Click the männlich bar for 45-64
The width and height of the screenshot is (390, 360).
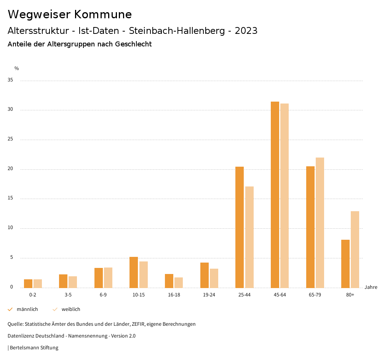(x=275, y=194)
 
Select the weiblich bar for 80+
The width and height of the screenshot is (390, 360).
(x=355, y=249)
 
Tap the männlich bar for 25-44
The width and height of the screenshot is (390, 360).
(x=240, y=227)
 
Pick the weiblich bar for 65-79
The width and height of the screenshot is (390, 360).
(x=320, y=223)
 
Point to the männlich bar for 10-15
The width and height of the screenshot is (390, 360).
(x=134, y=272)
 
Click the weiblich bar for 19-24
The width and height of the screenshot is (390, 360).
(x=214, y=278)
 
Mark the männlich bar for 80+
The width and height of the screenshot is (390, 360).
(x=345, y=264)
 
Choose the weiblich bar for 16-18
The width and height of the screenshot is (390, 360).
(x=179, y=282)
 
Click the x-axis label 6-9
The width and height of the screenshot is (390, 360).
(x=103, y=295)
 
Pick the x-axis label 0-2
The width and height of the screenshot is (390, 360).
(x=33, y=295)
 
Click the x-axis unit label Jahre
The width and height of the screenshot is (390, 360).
(x=371, y=287)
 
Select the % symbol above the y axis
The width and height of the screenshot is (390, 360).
(x=17, y=68)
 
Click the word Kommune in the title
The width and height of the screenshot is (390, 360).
(x=103, y=14)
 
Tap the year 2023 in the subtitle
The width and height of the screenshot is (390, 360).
(x=246, y=31)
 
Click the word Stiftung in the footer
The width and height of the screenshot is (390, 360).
(x=50, y=348)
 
